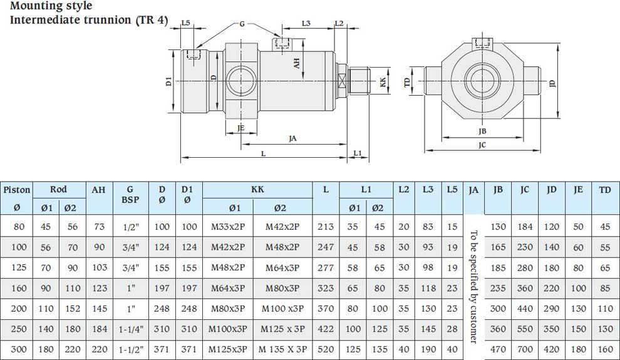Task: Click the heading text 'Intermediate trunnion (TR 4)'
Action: click(89, 20)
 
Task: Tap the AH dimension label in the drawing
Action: click(297, 63)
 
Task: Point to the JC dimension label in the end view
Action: click(482, 145)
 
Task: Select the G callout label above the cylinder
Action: click(242, 24)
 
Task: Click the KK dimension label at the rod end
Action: click(383, 82)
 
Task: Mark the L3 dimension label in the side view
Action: click(306, 23)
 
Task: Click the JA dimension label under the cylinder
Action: click(292, 138)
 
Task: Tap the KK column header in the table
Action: click(257, 189)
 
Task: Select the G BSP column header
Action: click(130, 195)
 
